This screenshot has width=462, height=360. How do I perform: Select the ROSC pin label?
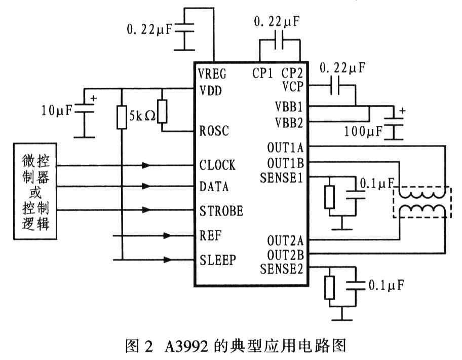(x=214, y=131)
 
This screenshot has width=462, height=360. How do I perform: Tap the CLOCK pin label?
(x=217, y=165)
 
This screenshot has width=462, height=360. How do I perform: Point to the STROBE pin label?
(x=221, y=210)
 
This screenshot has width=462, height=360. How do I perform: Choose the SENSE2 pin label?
(x=281, y=269)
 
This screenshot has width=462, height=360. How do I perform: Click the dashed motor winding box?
(x=421, y=202)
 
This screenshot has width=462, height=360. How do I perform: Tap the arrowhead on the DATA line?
(x=146, y=187)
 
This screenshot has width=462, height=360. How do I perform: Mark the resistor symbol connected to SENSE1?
(x=330, y=197)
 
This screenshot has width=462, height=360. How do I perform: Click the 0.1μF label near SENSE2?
(x=386, y=285)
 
